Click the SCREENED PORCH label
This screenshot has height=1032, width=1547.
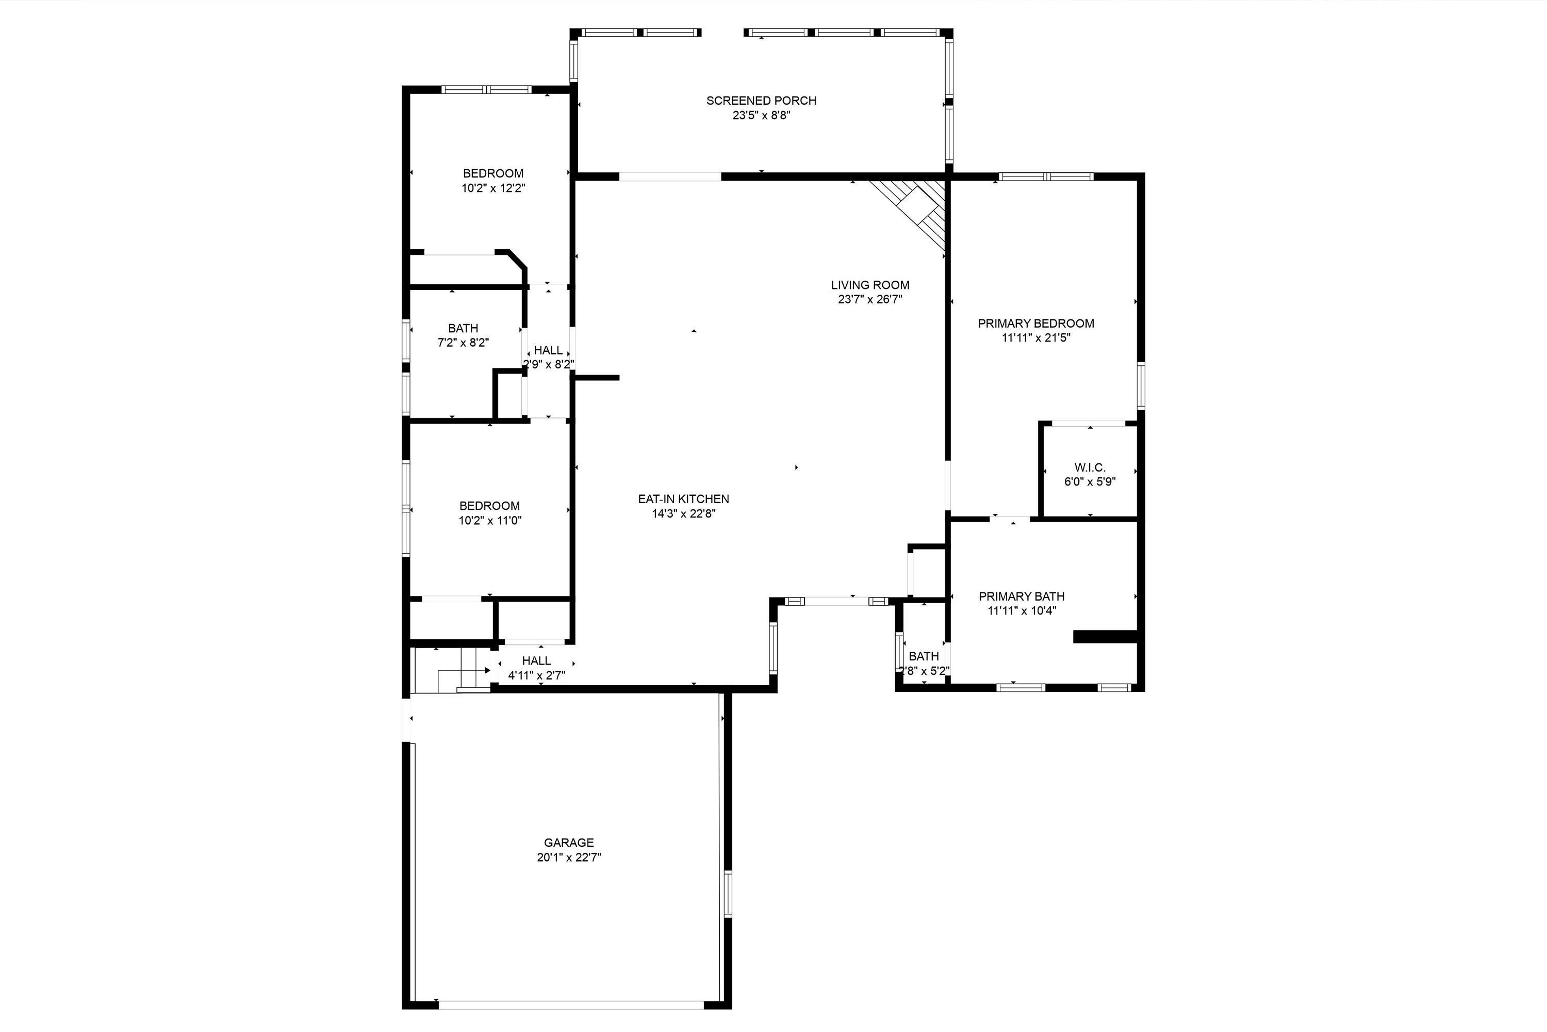[x=761, y=101]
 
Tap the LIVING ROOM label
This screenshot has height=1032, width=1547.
[x=870, y=285]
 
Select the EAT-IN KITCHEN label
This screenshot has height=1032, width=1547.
[x=683, y=499]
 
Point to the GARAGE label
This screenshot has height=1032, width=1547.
[x=569, y=843]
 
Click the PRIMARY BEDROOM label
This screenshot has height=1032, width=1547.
[x=1036, y=323]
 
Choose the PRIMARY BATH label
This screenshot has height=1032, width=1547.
[x=1022, y=596]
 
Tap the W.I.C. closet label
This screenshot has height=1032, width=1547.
[x=1090, y=467]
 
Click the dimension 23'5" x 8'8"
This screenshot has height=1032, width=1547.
[x=761, y=115]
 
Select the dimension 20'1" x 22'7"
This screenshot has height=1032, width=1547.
[x=569, y=857]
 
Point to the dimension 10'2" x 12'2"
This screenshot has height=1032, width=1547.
[x=493, y=188]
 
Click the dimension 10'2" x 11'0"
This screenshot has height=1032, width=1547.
[x=490, y=521]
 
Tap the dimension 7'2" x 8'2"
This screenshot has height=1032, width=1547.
[x=463, y=342]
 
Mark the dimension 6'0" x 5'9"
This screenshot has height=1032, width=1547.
[x=1090, y=482]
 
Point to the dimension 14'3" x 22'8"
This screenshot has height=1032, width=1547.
[x=683, y=513]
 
